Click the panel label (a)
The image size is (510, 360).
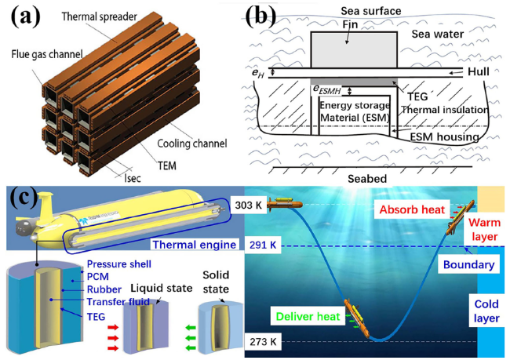coord(26,17)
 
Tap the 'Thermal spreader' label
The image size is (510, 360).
coord(99,16)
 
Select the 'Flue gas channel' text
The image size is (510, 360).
coord(47,54)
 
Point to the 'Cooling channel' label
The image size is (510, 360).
coord(192,143)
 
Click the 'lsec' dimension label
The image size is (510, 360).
coord(133,178)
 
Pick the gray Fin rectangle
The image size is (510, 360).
coord(354,49)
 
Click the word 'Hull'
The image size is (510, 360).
coord(478,71)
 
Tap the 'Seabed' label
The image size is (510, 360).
coord(367,179)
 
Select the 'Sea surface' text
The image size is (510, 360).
coord(371,11)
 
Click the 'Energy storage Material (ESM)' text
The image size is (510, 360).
coord(355,111)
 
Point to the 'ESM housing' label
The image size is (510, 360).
coord(444,137)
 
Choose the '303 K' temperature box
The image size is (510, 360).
coord(249,205)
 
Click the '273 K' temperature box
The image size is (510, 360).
coord(263,342)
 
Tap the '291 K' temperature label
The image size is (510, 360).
coord(263,245)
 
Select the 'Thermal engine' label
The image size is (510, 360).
coord(194,245)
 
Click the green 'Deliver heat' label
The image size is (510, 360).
coord(308,316)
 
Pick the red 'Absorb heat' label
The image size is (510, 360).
coord(412,209)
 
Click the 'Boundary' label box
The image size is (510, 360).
coord(468,265)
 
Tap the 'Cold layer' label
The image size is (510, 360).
coord(486,311)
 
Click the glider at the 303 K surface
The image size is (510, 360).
coord(285,204)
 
